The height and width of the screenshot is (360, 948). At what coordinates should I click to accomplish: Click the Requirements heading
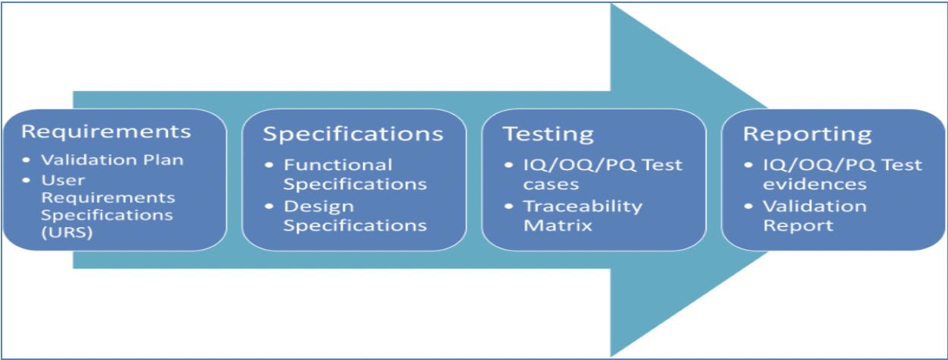coord(106,131)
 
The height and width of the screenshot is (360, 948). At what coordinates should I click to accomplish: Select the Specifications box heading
coord(353,134)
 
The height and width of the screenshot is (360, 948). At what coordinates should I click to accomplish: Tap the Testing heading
coord(548,135)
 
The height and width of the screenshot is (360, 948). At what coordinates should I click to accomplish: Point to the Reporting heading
coord(807,135)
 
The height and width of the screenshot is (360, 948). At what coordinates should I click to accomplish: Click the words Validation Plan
coord(112,160)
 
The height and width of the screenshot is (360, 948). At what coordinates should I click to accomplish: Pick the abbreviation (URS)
coord(67,232)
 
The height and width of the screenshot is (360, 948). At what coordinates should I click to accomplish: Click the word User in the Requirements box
coord(63,181)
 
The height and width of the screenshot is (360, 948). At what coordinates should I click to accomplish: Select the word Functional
coord(338,165)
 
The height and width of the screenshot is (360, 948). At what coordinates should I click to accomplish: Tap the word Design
coord(319,207)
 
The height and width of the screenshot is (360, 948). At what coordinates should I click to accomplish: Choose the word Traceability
coord(583,207)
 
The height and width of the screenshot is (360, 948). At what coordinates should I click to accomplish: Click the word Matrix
coord(558,226)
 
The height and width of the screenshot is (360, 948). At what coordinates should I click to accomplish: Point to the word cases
coord(551,185)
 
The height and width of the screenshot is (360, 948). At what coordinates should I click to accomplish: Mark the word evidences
coord(814,185)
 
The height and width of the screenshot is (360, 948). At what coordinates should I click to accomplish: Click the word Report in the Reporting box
coord(798,226)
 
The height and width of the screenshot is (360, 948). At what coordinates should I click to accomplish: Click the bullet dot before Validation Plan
coord(27,160)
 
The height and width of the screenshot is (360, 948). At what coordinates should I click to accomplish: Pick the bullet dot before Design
coord(269,207)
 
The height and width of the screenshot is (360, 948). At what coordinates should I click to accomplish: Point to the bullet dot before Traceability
coord(509,207)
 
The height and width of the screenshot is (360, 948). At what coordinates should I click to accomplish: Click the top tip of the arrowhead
coord(611,4)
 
